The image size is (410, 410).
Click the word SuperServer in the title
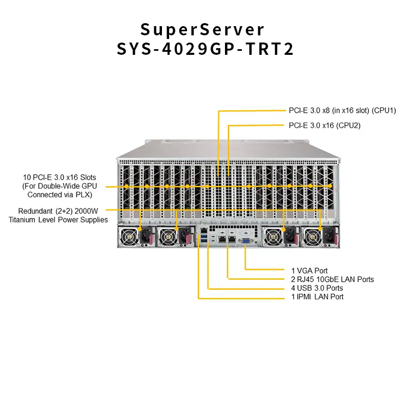point(203,29)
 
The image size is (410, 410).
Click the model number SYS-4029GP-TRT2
point(205,50)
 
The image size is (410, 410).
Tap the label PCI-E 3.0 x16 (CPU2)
point(324,125)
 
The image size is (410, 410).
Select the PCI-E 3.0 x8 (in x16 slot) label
point(342,110)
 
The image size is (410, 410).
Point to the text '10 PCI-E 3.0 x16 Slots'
point(59,177)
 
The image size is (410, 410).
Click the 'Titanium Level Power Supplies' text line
point(58,220)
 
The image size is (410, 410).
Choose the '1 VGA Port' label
point(309,270)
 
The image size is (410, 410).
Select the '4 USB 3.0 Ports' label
point(316,288)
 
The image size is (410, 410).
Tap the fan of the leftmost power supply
point(128,236)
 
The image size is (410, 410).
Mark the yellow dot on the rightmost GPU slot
point(330,186)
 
